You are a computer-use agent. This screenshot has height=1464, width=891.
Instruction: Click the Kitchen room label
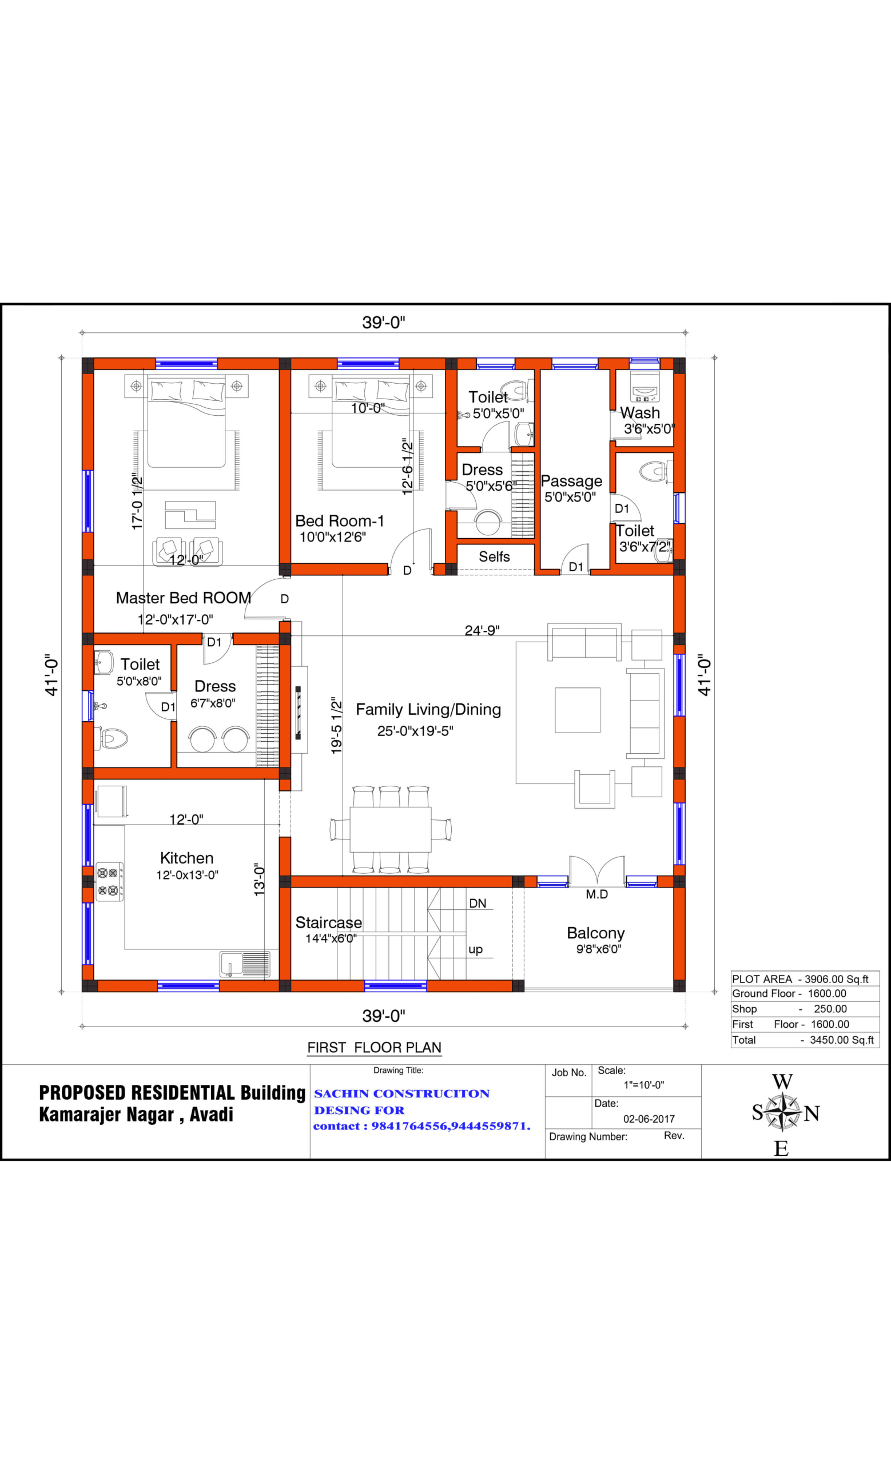click(x=186, y=858)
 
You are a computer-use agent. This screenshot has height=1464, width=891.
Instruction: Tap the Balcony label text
click(x=595, y=933)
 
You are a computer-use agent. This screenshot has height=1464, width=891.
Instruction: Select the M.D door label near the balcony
click(x=596, y=895)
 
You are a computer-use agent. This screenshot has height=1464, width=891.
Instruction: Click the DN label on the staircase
click(x=478, y=904)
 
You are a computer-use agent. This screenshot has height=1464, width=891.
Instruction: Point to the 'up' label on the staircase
click(x=475, y=949)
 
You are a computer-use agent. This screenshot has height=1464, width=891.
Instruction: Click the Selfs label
click(x=494, y=557)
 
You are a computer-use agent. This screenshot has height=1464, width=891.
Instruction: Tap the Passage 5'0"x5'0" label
click(x=571, y=488)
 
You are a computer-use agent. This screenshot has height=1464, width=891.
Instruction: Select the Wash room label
click(x=641, y=413)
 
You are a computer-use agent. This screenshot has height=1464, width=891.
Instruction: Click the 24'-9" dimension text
click(x=482, y=630)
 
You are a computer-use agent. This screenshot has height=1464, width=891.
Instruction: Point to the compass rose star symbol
click(x=783, y=1112)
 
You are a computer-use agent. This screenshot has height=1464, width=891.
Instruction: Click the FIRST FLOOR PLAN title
click(x=374, y=1048)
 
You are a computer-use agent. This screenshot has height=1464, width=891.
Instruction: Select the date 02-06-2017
click(x=649, y=1119)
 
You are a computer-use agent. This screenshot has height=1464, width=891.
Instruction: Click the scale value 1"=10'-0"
click(x=643, y=1085)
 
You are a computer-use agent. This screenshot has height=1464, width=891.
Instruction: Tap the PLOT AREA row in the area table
click(x=799, y=979)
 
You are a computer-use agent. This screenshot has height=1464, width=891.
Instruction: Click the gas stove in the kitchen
click(x=110, y=882)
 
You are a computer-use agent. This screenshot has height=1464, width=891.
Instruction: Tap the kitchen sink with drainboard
click(x=245, y=964)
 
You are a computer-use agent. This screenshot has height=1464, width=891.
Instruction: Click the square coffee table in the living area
click(x=578, y=710)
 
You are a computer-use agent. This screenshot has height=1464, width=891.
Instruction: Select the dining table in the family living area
click(x=390, y=829)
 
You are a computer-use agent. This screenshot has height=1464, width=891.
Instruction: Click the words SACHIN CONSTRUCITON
click(x=401, y=1094)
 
